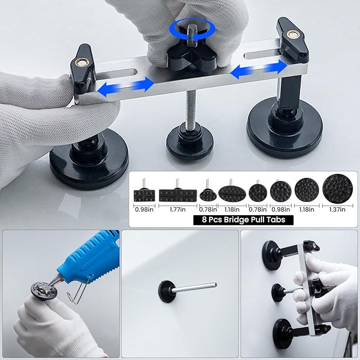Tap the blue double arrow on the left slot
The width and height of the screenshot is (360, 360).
pyautogui.click(x=125, y=85)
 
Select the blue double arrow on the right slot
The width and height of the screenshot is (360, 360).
pyautogui.click(x=259, y=69)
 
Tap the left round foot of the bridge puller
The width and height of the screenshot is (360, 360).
pyautogui.click(x=82, y=159)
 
